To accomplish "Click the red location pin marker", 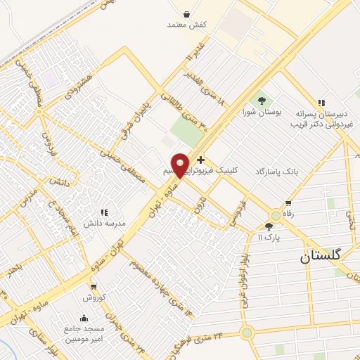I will click(180, 165).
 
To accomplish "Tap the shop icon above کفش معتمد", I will click(186, 14).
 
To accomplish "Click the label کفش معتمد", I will click(186, 25).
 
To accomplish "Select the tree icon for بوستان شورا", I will click(262, 101).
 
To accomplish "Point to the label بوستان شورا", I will click(257, 112).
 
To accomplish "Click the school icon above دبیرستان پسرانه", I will click(321, 103).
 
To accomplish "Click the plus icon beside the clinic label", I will click(201, 160).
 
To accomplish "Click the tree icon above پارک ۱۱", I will click(269, 226).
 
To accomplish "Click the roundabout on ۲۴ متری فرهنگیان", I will click(246, 333).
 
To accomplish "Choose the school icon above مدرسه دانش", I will click(104, 212).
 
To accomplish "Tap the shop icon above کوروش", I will click(93, 287).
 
